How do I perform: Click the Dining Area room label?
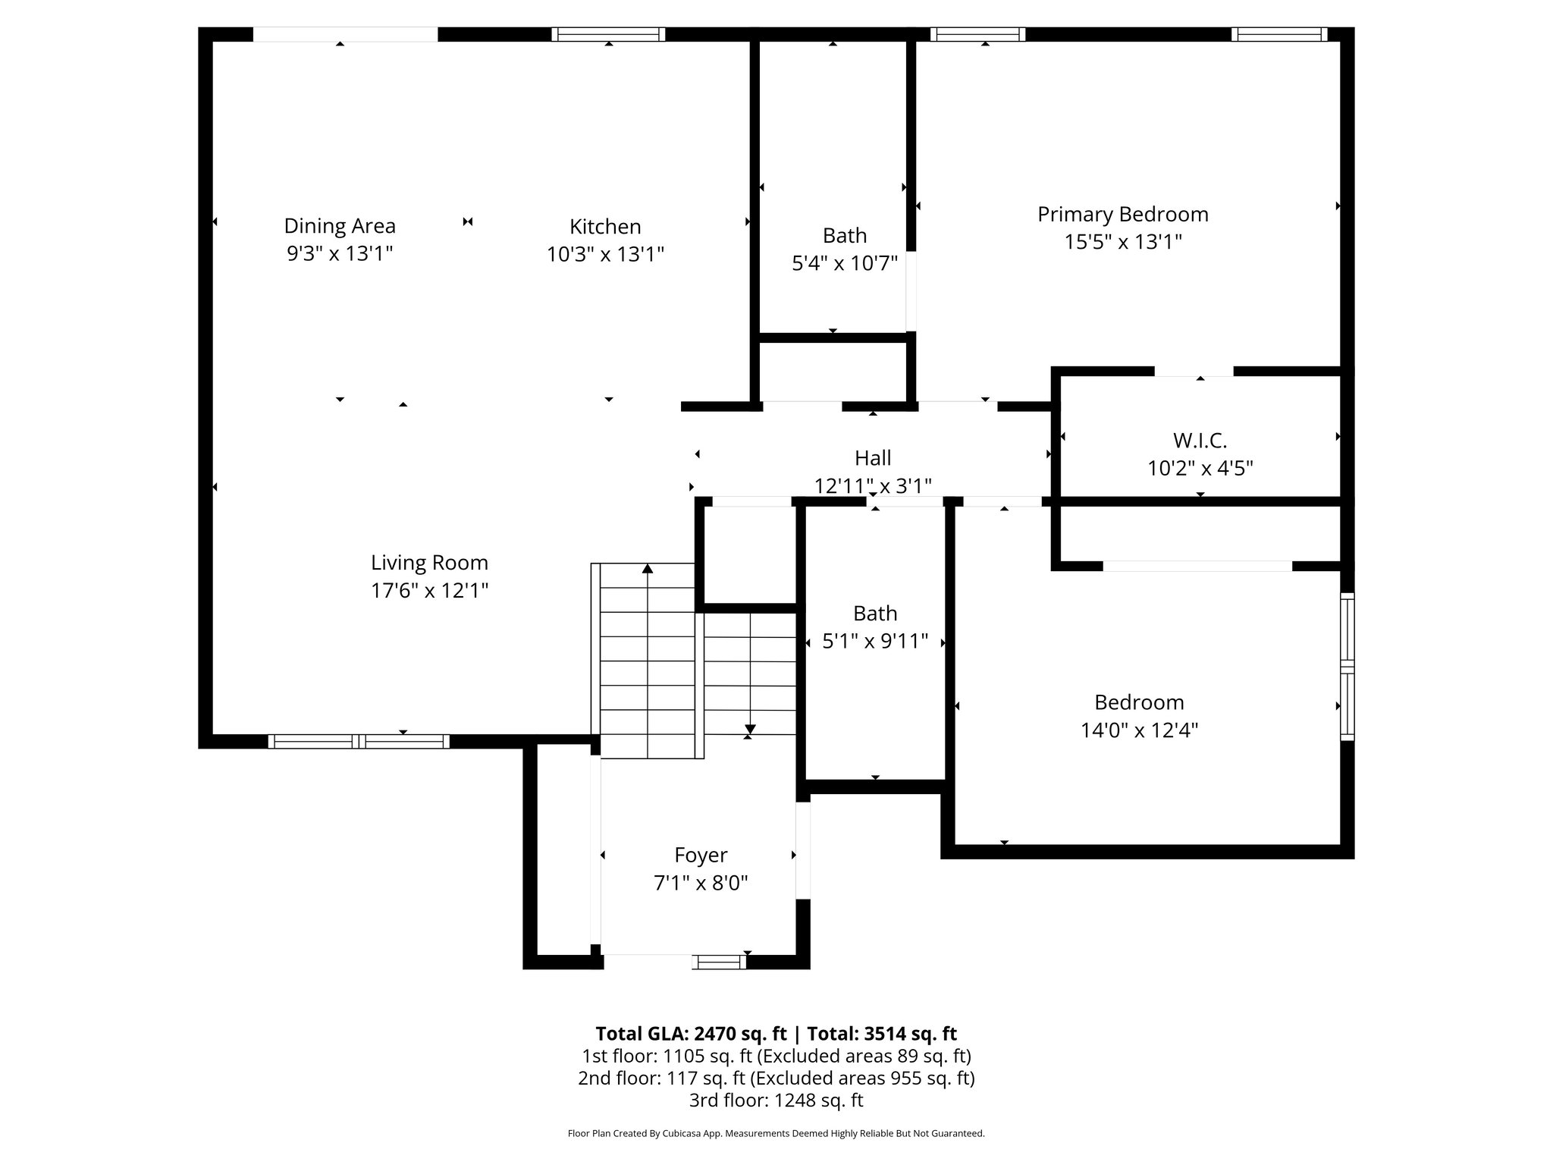[x=340, y=226]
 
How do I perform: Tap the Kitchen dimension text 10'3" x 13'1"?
[x=605, y=254]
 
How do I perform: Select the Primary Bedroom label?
[x=1122, y=215]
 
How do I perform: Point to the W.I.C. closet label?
[x=1200, y=440]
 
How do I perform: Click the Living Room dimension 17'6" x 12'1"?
[x=429, y=590]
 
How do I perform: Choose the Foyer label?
[x=701, y=855]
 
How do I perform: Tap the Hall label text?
[x=873, y=458]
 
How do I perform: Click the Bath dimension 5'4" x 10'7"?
[x=845, y=263]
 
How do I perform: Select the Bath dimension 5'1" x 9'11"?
[x=875, y=642]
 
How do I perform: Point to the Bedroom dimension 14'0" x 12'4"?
[x=1139, y=730]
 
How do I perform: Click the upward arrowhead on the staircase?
[x=648, y=568]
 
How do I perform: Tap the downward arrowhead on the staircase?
[x=750, y=729]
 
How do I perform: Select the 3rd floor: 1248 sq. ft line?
[x=776, y=1100]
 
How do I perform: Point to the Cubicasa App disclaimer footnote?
[x=776, y=1134]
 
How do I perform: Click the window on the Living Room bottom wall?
[x=359, y=742]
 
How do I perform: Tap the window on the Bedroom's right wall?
[x=1347, y=667]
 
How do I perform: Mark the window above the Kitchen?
[x=608, y=34]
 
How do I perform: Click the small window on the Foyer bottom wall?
[x=720, y=962]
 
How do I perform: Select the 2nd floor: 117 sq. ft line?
[x=776, y=1078]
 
